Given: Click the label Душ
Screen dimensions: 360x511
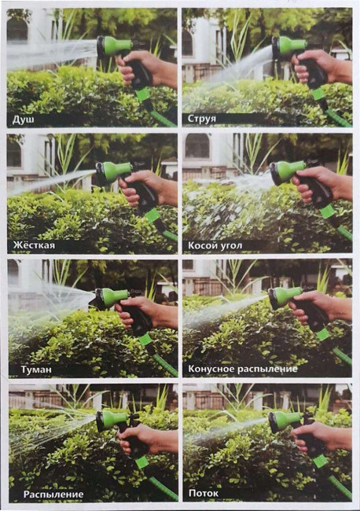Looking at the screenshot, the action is [23, 120].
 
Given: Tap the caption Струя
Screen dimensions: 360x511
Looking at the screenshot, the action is [202, 119].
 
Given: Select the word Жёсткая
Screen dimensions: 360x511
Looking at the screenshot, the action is [35, 245].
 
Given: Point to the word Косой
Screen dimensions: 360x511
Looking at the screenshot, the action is [200, 245].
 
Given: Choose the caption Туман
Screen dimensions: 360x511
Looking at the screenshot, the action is [36, 369].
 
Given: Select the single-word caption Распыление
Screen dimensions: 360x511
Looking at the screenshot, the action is [53, 494].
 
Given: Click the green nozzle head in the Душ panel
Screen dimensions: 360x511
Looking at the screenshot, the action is [115, 48].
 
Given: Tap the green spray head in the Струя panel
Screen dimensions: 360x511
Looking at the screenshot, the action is [289, 47].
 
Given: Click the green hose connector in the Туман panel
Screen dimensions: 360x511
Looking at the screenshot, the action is [145, 340].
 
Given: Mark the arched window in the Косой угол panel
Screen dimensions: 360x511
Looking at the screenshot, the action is [197, 146].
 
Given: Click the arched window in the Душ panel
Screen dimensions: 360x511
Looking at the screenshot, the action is [17, 29].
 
